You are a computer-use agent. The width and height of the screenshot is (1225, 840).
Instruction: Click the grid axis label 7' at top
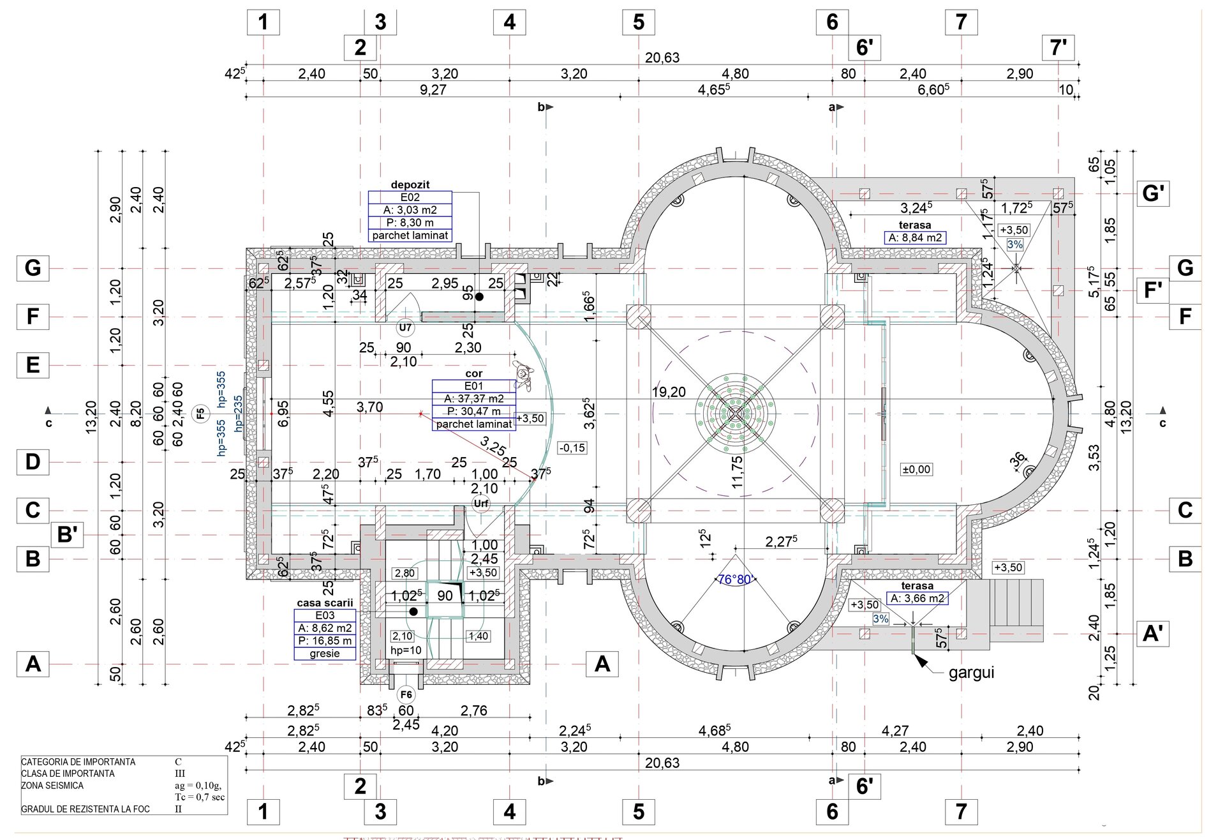[1058, 47]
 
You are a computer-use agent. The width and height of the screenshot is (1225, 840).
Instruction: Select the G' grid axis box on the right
[1153, 193]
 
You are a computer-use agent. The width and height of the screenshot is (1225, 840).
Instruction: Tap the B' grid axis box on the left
[68, 534]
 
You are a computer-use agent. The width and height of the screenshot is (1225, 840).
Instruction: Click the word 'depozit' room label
[410, 184]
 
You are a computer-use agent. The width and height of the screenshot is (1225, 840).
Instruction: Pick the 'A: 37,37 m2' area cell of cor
[474, 398]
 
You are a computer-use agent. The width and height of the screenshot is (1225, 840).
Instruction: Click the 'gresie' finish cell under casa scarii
[325, 654]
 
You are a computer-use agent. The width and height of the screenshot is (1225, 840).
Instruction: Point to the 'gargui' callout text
[971, 672]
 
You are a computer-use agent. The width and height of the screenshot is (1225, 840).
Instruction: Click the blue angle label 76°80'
[736, 580]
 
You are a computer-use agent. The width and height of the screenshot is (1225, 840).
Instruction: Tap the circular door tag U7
[405, 328]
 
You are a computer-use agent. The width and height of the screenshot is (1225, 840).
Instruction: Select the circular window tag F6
[406, 694]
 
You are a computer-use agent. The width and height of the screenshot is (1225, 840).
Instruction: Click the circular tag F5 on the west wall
[200, 414]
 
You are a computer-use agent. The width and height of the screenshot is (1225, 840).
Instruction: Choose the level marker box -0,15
[572, 447]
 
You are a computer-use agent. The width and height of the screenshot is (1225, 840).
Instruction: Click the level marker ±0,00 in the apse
[916, 469]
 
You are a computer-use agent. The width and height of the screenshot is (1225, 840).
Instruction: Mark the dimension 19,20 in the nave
[668, 392]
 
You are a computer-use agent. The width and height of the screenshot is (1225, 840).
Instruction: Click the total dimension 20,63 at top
[662, 57]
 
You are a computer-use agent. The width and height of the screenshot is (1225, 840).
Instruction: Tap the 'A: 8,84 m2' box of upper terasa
[916, 237]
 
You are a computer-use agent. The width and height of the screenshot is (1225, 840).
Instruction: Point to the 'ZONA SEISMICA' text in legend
[52, 786]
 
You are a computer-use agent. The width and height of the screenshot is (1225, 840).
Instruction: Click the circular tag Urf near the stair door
[481, 504]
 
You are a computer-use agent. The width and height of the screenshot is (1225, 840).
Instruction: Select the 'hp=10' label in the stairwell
[406, 650]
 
